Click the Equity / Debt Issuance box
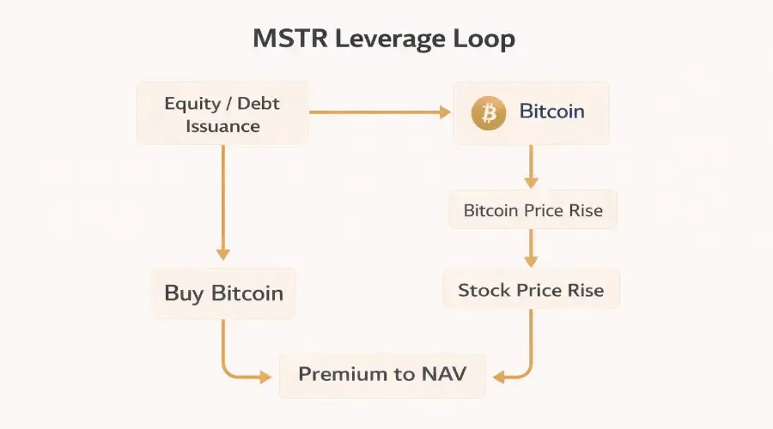[222, 114]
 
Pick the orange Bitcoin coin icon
[489, 112]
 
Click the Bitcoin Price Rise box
[533, 210]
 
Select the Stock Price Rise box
[531, 290]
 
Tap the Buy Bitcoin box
[223, 293]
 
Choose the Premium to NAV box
[382, 374]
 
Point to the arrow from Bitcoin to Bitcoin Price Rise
[531, 166]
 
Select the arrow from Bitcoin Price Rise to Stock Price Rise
[531, 249]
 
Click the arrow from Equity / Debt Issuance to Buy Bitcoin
[223, 202]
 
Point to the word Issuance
[222, 126]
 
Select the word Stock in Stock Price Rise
[483, 290]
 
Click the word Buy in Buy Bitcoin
[183, 293]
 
